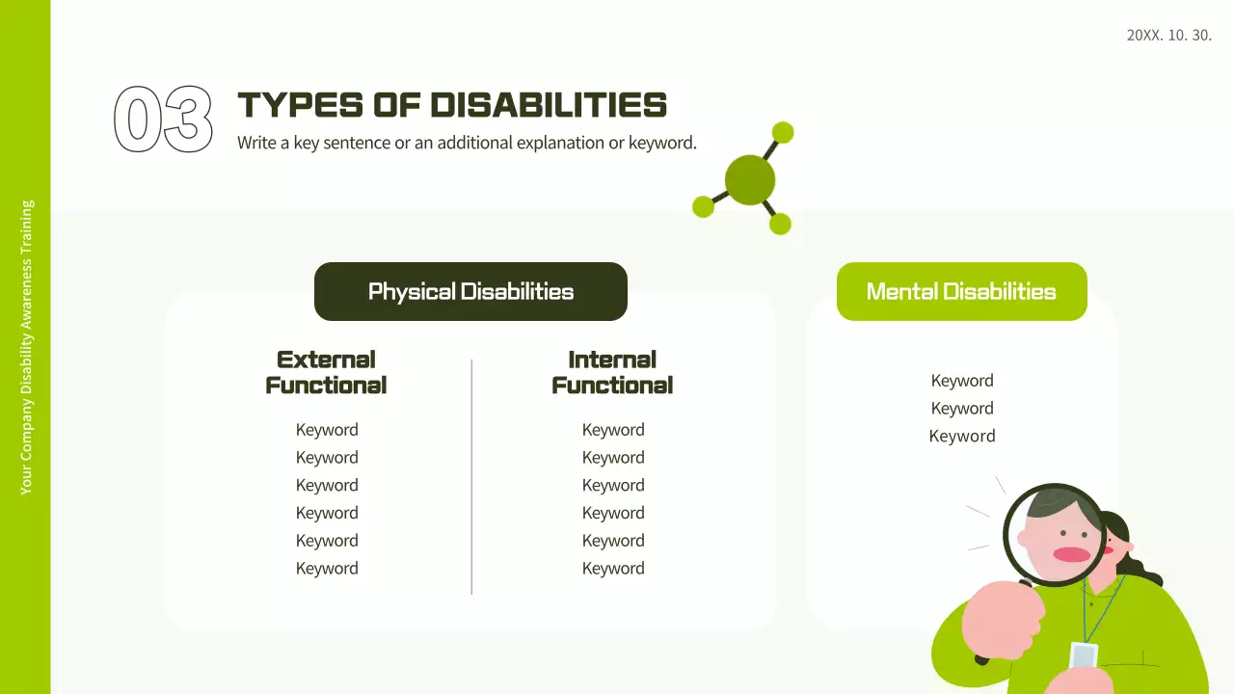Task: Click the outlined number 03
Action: click(163, 119)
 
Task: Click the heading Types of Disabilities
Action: click(452, 105)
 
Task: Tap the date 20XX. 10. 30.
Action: click(1169, 36)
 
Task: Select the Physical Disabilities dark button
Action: click(471, 291)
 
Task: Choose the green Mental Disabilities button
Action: click(962, 291)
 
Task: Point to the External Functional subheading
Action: click(326, 372)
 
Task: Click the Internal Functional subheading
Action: click(612, 372)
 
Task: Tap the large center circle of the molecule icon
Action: click(750, 180)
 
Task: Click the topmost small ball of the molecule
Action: click(783, 132)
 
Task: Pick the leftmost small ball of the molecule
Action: click(703, 206)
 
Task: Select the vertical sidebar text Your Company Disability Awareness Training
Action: click(26, 348)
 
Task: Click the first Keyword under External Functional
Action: click(327, 430)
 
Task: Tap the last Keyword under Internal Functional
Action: click(613, 569)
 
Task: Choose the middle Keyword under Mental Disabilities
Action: click(962, 408)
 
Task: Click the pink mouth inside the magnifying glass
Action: click(1072, 554)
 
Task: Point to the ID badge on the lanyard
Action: click(1083, 657)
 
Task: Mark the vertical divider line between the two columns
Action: click(471, 477)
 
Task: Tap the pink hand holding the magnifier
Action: click(1003, 620)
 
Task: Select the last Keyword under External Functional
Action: click(327, 569)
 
